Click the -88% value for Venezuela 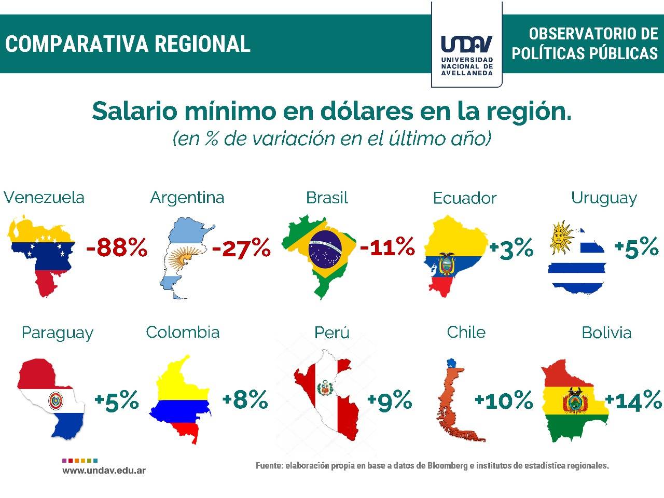(x=117, y=248)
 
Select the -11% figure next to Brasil (x=388, y=246)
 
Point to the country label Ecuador (x=464, y=198)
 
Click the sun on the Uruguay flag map (x=560, y=237)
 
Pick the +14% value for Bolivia (x=633, y=400)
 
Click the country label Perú (x=331, y=333)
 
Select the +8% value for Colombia (x=245, y=400)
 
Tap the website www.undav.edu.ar (x=104, y=471)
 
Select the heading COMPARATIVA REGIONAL (x=128, y=44)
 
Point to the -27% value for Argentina (x=241, y=248)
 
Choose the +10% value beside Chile (x=504, y=400)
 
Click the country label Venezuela (x=44, y=198)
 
